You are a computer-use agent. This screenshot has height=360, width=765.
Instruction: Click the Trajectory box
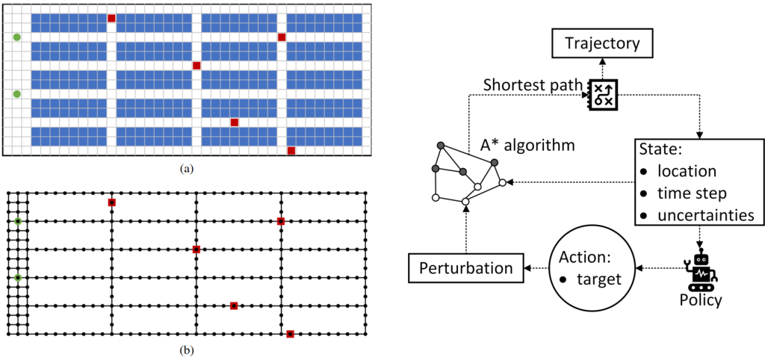602,43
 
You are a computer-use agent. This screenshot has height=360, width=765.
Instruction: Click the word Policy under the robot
701,300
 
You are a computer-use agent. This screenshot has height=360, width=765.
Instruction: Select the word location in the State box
687,172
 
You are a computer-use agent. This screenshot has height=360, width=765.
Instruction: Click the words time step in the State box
692,193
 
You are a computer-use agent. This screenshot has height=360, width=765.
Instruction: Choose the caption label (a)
187,169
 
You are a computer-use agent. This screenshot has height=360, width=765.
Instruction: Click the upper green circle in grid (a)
17,37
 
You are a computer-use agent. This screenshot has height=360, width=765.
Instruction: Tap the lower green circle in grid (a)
17,93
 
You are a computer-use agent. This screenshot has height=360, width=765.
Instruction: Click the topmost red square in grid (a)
111,18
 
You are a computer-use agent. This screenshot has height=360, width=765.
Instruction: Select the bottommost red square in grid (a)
291,150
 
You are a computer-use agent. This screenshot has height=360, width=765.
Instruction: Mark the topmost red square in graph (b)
111,202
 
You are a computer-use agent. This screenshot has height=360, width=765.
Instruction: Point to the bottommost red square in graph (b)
290,334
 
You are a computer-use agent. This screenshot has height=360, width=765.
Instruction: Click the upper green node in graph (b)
18,221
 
